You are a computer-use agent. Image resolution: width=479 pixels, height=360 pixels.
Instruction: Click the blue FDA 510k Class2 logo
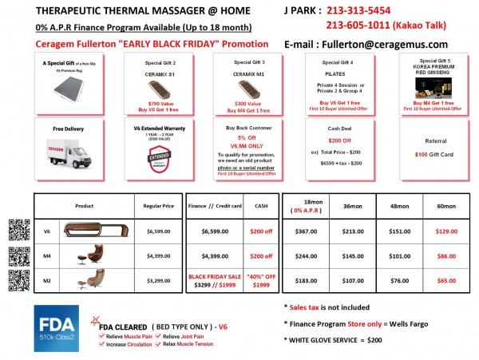click(57, 326)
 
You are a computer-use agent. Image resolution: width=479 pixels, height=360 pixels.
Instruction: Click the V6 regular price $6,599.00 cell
click(160, 231)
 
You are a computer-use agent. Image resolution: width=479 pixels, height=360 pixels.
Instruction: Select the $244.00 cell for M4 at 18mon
click(307, 255)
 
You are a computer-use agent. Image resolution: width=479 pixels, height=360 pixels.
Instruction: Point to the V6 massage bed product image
click(93, 231)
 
